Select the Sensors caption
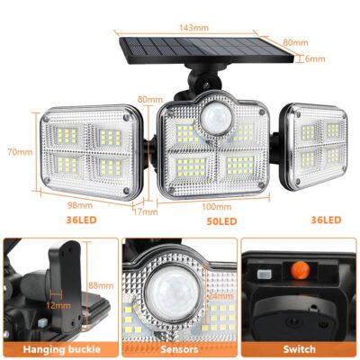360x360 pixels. tap(179, 348)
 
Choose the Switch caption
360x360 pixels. tap(300, 348)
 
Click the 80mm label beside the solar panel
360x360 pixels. tap(314, 40)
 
